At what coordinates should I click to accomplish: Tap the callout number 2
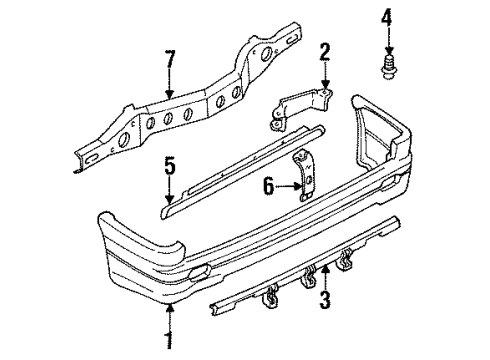325,53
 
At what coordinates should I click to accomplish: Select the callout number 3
325,299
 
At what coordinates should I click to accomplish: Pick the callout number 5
170,167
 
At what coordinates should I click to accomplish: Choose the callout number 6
269,186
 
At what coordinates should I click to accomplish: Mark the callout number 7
170,59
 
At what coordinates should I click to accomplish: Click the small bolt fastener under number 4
388,69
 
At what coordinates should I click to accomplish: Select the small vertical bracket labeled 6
304,176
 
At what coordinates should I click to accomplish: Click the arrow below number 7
170,83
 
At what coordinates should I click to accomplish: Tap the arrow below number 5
170,190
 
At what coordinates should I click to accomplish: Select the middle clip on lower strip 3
308,277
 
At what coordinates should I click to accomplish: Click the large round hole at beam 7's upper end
267,54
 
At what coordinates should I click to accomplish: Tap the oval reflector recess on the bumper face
199,270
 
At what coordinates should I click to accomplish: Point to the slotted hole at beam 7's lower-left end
92,158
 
